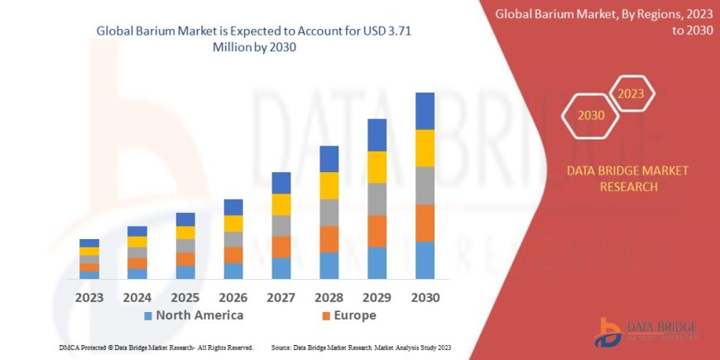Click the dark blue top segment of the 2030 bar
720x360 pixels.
425,111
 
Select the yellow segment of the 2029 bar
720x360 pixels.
377,167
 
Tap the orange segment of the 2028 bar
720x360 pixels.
329,239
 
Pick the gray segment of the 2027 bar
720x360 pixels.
281,226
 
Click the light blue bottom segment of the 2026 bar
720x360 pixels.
233,271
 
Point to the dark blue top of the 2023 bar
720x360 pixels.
89,242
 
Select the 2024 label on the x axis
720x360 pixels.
137,296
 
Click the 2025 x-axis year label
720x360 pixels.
185,296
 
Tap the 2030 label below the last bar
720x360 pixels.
425,296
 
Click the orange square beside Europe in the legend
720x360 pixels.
326,316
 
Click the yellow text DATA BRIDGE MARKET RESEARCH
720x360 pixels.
615,178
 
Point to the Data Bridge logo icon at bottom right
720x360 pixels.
609,331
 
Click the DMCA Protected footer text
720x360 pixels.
156,348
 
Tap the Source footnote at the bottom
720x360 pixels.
360,348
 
